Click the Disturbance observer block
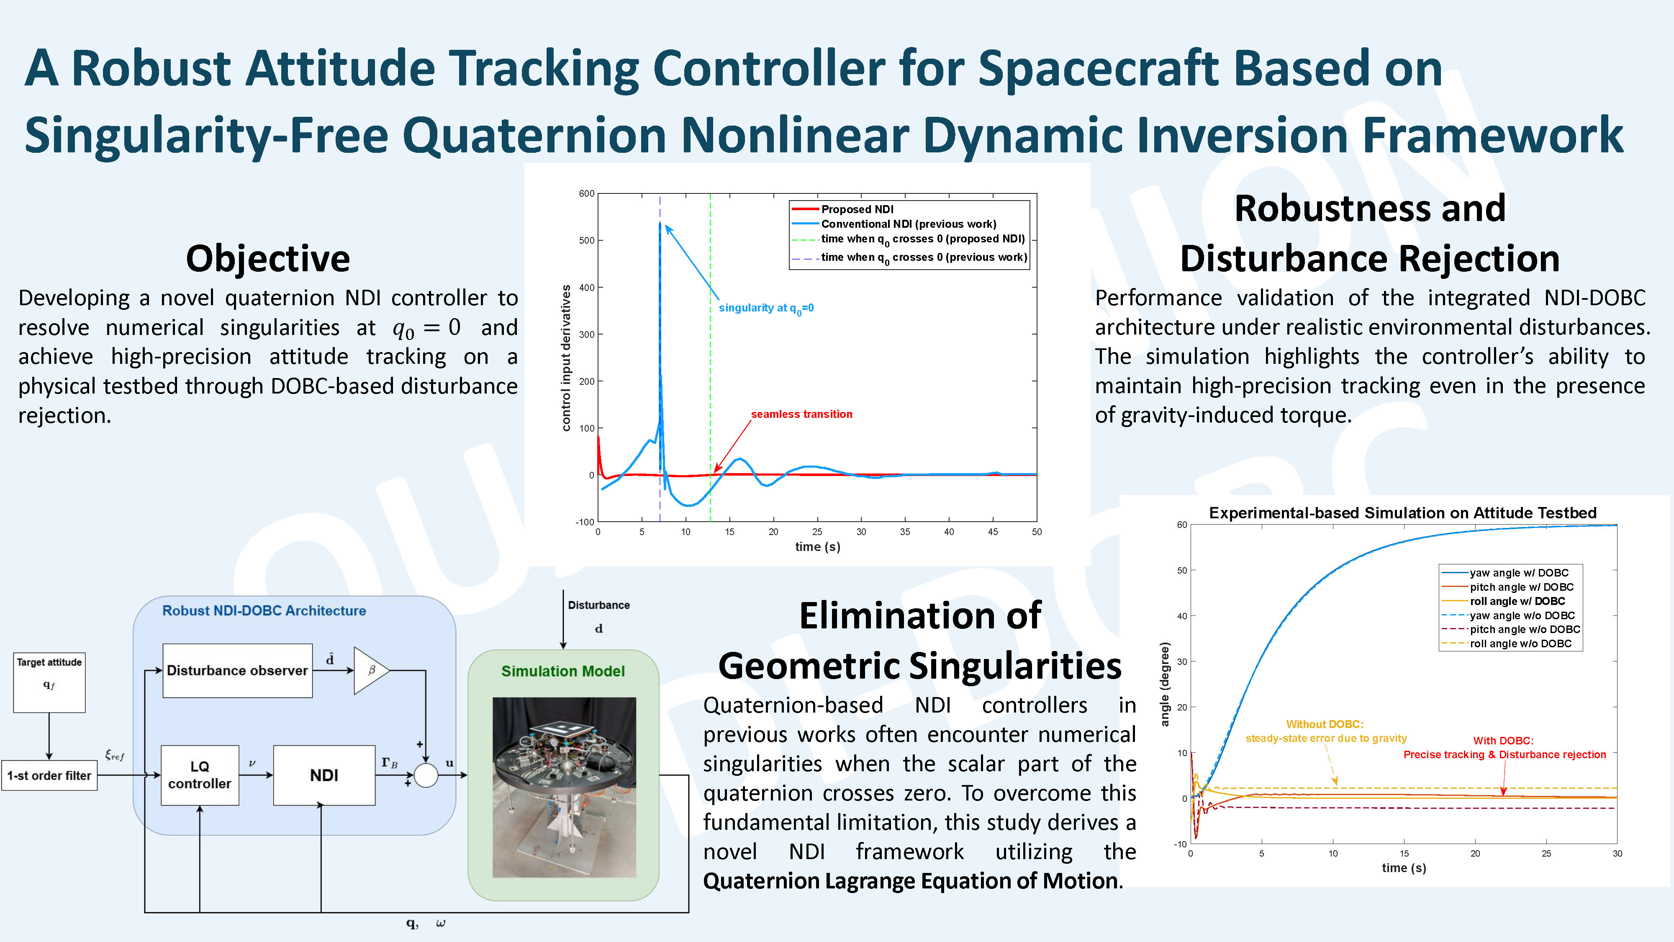(237, 670)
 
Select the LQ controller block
(200, 775)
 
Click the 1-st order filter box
(49, 775)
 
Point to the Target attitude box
(49, 682)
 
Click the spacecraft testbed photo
(564, 787)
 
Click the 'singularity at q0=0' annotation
(766, 308)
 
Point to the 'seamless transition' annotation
(801, 414)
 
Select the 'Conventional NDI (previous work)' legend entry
(893, 224)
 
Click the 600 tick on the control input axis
(587, 194)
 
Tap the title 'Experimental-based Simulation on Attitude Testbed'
(1402, 513)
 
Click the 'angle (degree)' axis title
(1165, 684)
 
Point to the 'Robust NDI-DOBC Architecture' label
(264, 610)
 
